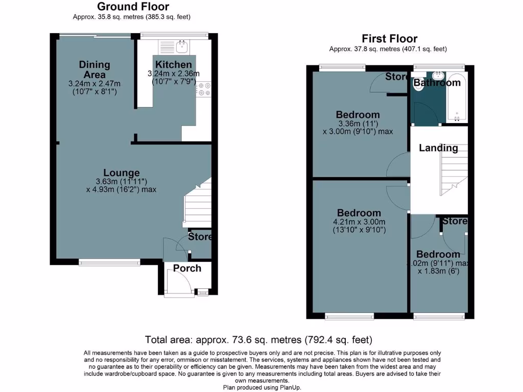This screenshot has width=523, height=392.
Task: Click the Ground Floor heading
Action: (133, 7)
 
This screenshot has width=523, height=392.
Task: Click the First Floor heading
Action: (389, 38)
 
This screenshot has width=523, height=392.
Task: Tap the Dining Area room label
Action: (94, 69)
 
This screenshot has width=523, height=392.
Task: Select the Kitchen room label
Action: (174, 65)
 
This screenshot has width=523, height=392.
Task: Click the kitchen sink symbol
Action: (182, 47)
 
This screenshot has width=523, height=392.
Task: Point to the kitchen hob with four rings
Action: (204, 89)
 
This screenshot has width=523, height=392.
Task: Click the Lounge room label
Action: (122, 173)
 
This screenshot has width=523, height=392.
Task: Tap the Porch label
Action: (187, 268)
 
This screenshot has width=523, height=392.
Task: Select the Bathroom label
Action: (437, 83)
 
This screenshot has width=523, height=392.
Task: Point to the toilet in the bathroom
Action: (419, 84)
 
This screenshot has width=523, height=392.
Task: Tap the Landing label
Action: (438, 148)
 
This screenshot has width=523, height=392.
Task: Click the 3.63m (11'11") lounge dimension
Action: (122, 182)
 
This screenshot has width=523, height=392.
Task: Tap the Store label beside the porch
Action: (200, 237)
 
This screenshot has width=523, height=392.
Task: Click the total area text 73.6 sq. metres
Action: (258, 339)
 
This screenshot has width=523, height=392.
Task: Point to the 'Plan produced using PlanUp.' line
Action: (262, 387)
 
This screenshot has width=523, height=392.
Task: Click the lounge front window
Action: (109, 263)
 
